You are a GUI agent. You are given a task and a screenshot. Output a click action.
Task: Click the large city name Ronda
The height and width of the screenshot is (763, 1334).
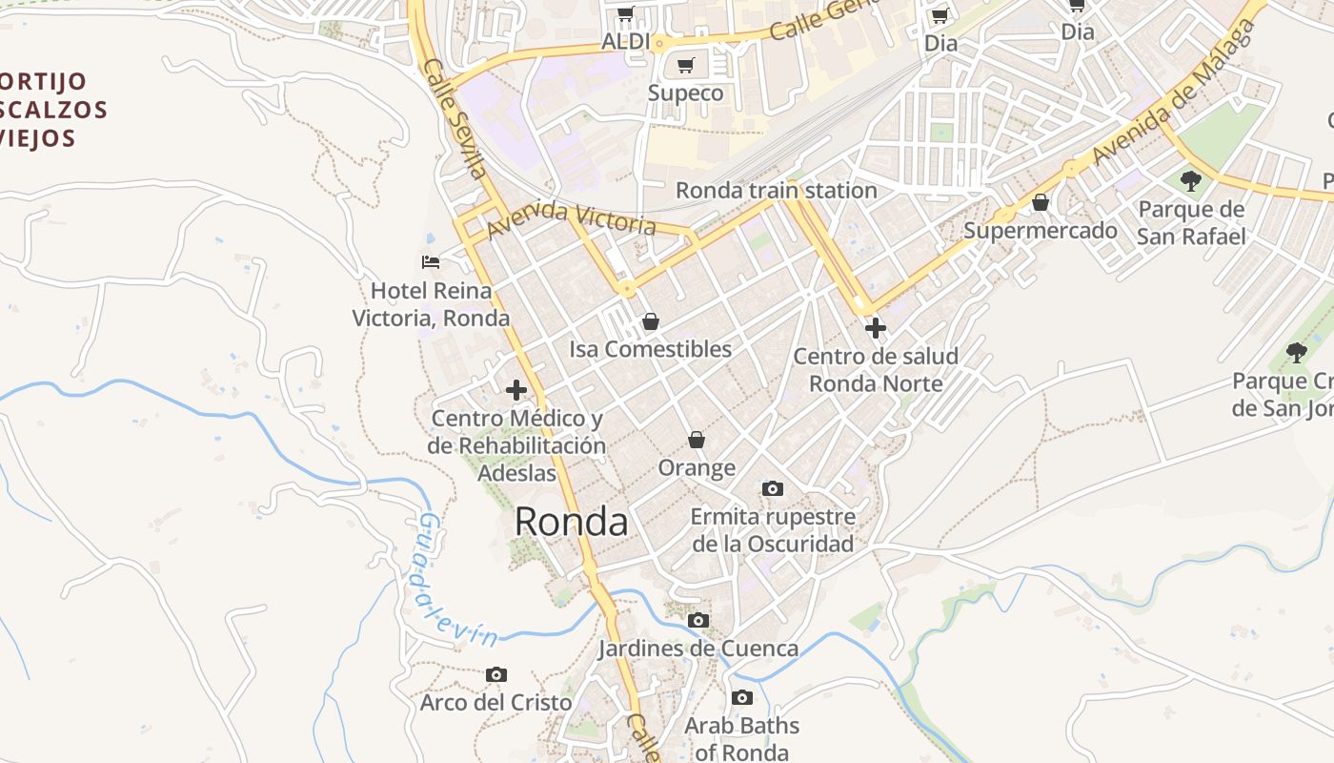coord(571,523)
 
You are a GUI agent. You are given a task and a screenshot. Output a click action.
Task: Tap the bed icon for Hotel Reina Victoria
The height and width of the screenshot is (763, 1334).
coord(431,261)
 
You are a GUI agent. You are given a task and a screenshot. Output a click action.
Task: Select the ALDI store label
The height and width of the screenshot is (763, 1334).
coord(625,42)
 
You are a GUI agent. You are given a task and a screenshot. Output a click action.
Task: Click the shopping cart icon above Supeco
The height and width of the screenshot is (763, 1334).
coord(685,66)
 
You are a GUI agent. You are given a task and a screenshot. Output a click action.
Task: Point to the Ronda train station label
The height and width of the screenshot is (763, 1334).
coord(776,191)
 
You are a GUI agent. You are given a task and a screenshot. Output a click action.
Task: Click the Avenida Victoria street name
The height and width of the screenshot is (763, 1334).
coord(571,220)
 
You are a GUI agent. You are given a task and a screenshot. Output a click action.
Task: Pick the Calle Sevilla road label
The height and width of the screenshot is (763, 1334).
coord(455,118)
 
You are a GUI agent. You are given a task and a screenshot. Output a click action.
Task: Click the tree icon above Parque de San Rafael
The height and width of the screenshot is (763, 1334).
coord(1190,180)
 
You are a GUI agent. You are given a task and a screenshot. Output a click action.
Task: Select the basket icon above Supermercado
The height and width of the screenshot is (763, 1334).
coord(1041,203)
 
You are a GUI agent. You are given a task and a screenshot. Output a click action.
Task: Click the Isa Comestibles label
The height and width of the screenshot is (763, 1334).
coord(650,349)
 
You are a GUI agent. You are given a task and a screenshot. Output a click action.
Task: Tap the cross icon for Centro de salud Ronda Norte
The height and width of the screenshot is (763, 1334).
coord(875,328)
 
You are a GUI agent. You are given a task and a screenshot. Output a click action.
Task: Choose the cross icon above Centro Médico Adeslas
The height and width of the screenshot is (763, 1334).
coord(516,390)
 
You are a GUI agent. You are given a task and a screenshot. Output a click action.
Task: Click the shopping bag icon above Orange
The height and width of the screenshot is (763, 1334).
coord(697,440)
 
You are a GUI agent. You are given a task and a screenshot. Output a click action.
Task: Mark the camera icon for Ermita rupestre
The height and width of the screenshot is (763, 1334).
coord(773,489)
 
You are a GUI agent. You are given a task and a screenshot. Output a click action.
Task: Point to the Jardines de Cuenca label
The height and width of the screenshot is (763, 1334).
coord(698,649)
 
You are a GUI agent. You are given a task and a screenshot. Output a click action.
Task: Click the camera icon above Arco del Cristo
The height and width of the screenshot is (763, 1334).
coord(495,675)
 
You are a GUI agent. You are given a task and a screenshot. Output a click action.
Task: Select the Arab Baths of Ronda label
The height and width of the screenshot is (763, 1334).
coord(741,738)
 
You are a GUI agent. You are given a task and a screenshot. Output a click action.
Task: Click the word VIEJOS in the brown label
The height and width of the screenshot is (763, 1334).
coord(38,138)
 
